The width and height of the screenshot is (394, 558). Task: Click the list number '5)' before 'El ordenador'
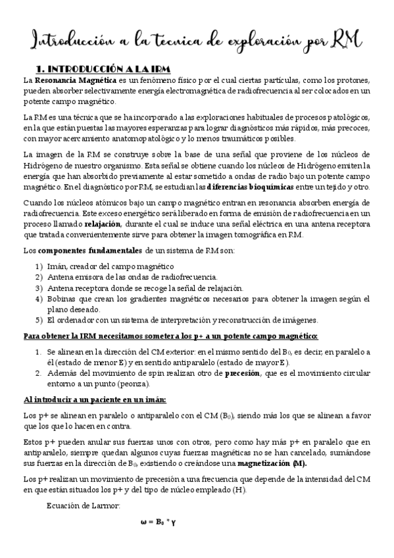(39, 320)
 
